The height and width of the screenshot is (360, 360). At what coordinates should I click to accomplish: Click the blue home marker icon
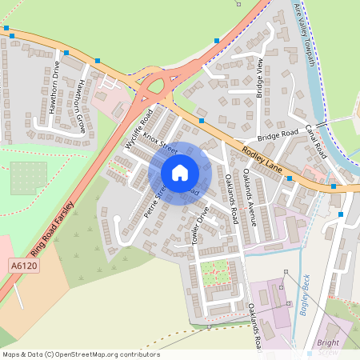180,172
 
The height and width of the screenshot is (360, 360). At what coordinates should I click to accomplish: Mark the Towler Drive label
201,226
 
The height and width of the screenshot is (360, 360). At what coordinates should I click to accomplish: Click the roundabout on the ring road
151,83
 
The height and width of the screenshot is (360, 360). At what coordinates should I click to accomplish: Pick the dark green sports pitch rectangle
29,178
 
